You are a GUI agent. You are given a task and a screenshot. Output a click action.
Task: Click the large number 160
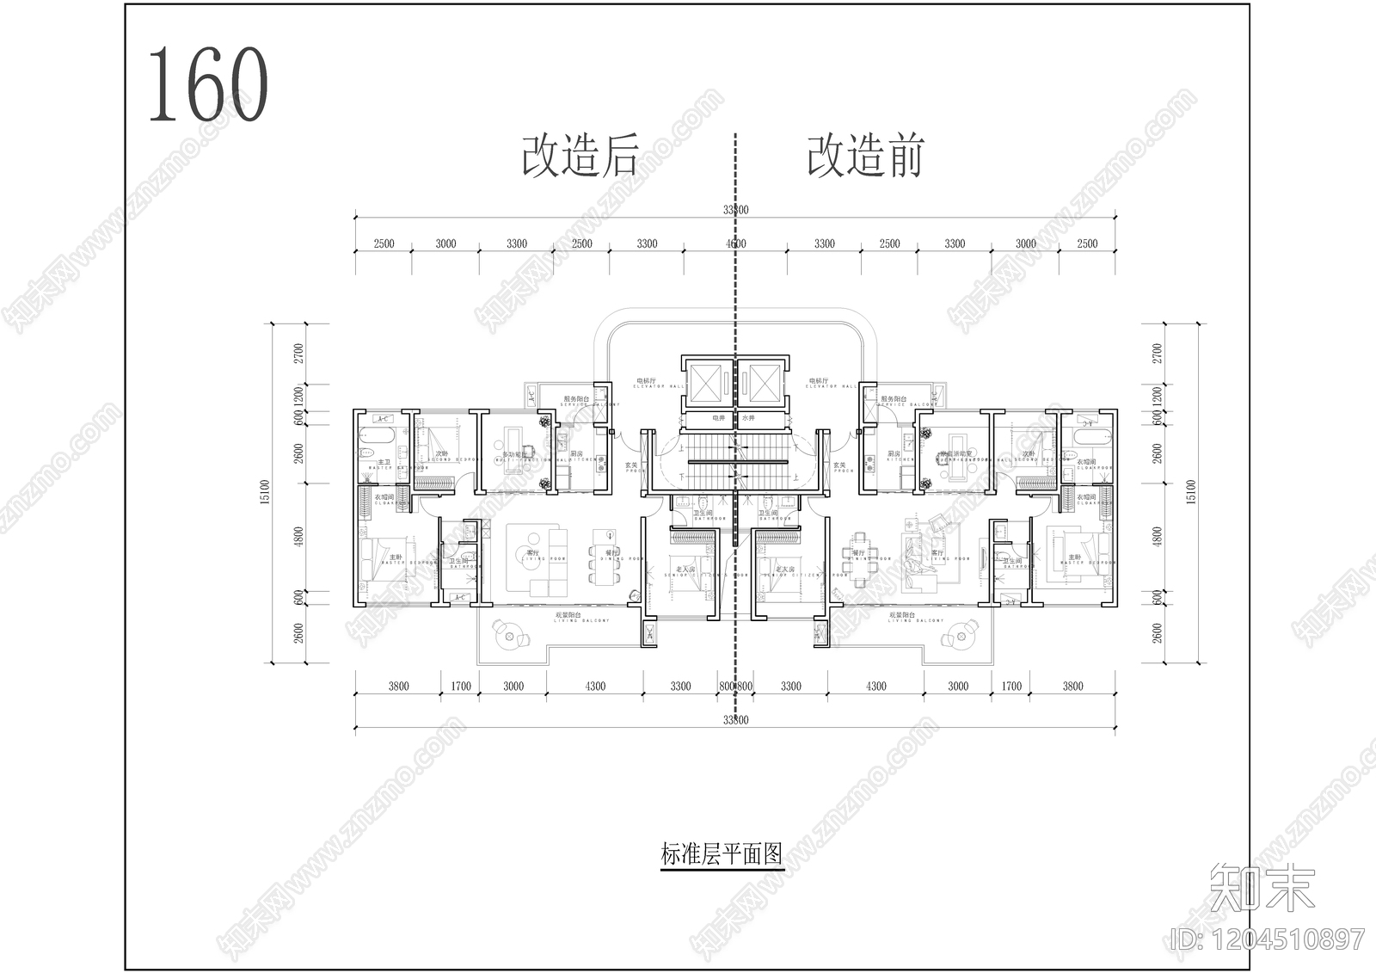pos(208,84)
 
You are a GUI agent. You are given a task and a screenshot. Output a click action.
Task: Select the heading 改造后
pos(580,157)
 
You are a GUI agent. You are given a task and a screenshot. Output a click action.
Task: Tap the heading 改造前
pos(863,157)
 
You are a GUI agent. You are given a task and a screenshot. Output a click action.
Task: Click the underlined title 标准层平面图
pos(722,854)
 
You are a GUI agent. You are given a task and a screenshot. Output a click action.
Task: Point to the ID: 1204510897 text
pos(1268,939)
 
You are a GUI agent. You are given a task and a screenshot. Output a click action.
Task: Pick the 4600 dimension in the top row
pos(735,243)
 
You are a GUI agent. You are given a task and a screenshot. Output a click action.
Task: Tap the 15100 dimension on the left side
pos(265,493)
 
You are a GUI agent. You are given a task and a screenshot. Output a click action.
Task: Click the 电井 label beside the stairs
pos(719,418)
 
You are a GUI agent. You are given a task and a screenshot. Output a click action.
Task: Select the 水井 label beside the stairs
pos(748,418)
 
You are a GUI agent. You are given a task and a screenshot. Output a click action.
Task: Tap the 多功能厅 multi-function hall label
pos(515,454)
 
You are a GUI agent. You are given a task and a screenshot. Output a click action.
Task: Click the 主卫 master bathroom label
pos(384,463)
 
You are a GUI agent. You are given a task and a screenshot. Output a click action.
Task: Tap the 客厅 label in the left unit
pos(533,553)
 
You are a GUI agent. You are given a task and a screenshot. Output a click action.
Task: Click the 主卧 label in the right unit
pos(1074,557)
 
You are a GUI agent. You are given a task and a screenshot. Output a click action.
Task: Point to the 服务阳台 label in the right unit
pos(893,399)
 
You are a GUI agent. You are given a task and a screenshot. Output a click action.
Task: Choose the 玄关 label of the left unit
pos(630,465)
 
